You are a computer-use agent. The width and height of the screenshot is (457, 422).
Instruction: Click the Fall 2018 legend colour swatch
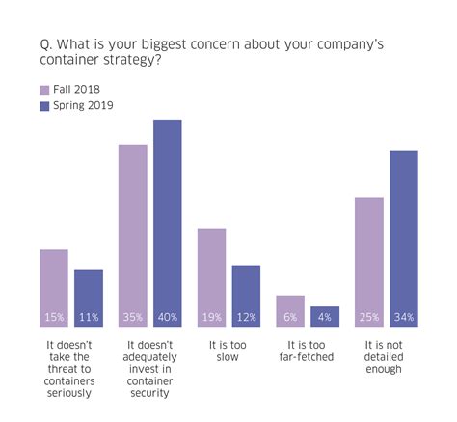point(44,89)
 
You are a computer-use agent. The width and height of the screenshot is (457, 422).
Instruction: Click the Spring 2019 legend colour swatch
point(44,105)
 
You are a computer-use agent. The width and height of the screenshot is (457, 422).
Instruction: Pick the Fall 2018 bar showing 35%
point(133,236)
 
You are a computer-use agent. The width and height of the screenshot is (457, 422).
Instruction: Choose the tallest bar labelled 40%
point(168,223)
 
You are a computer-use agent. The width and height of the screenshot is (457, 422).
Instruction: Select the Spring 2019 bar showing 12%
point(246,295)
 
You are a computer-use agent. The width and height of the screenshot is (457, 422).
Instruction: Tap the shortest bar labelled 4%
point(325,316)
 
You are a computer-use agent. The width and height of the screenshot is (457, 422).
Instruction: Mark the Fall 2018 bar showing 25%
point(369,262)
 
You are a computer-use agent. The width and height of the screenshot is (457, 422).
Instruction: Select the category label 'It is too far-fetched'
point(308,350)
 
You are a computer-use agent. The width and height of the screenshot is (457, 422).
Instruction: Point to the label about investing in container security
point(149,368)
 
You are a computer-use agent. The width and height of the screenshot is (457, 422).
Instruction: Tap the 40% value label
point(168,316)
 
